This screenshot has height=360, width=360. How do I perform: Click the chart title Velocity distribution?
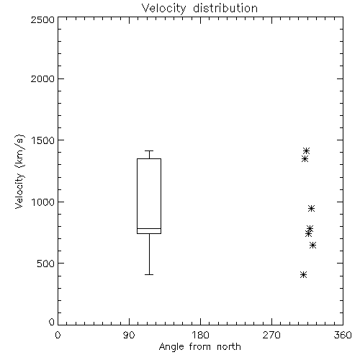199,9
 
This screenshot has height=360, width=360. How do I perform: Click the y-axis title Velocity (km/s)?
19,171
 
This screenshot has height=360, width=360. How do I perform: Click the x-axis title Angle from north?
199,347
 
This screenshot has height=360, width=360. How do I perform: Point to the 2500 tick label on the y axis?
42,19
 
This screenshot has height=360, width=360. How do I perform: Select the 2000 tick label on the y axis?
42,78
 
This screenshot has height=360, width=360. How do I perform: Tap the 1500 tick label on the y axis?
43,140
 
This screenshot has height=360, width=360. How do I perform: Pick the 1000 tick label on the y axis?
43,202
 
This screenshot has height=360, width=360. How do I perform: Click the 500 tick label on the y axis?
46,264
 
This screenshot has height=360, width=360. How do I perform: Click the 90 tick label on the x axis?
129,335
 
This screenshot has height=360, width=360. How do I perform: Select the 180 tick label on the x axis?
200,335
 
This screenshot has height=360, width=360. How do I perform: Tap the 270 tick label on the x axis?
271,335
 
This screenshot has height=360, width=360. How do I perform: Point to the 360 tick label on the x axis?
343,335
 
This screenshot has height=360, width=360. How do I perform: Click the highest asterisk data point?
306,151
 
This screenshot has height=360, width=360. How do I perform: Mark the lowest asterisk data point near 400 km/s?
304,275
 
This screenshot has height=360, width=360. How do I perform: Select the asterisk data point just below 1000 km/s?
311,208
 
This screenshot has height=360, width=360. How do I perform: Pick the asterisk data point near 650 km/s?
312,246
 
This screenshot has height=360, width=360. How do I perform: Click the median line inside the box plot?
149,228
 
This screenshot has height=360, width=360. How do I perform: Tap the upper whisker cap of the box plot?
149,150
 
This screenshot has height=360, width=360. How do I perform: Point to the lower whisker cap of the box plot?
149,274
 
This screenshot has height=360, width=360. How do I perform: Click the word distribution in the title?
225,9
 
